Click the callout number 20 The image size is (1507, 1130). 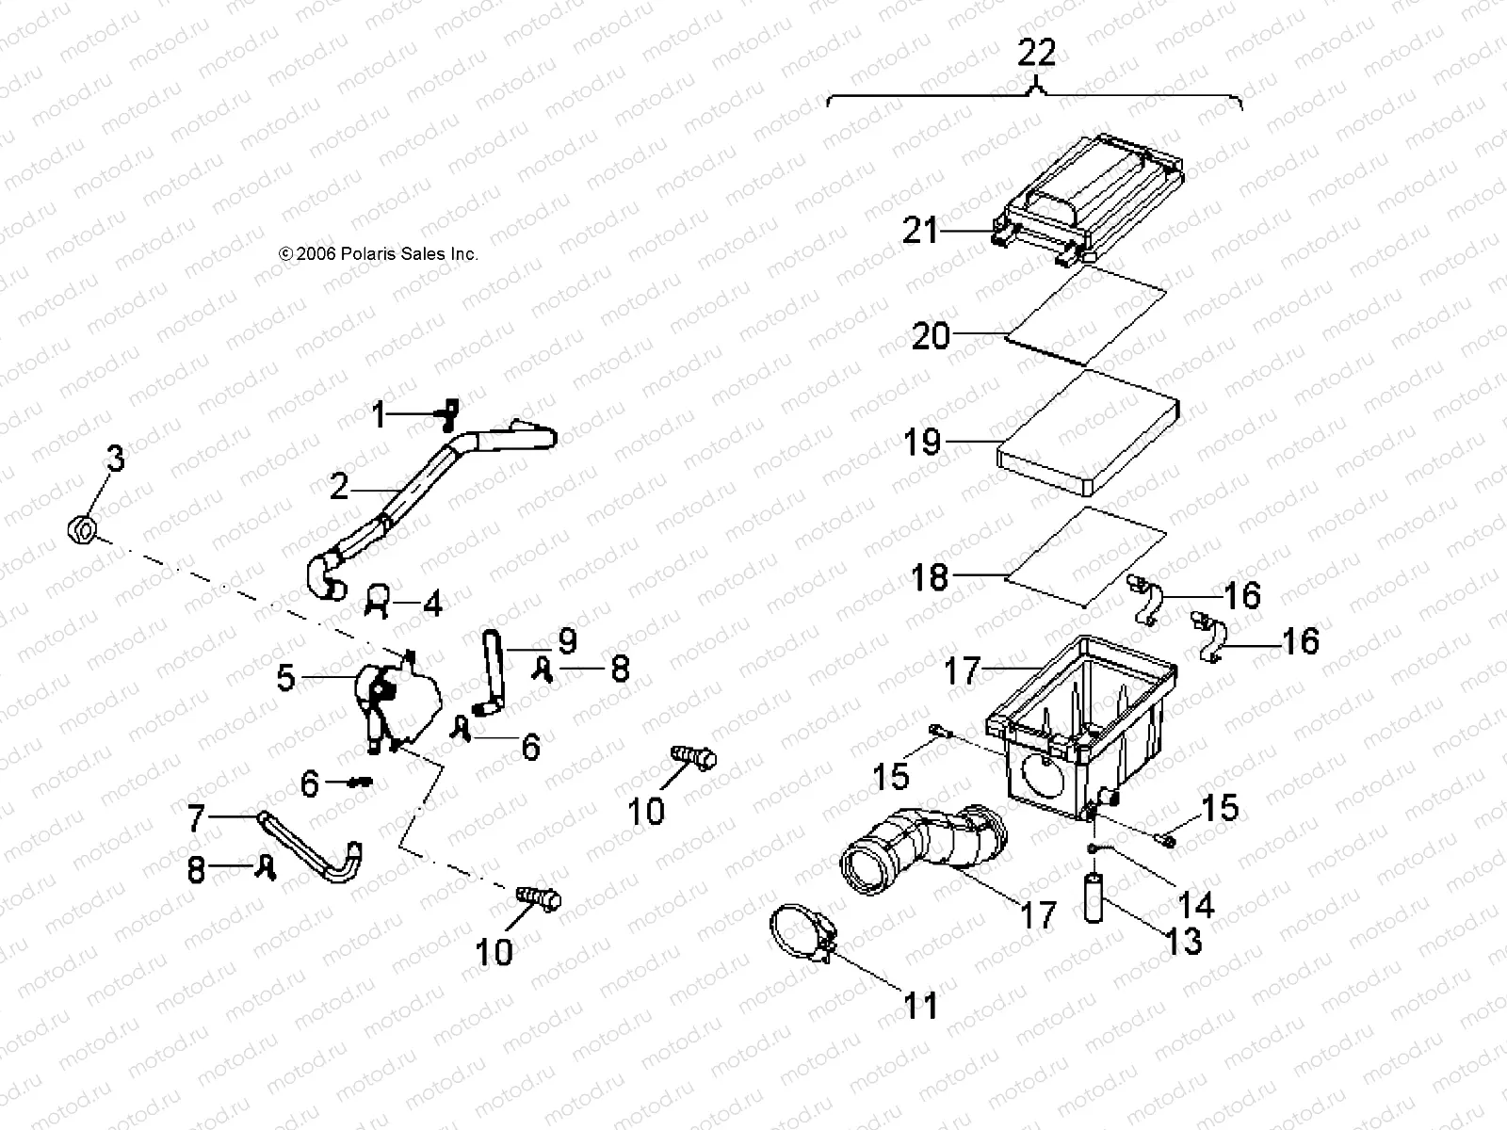point(931,335)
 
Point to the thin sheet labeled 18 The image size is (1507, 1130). point(1083,556)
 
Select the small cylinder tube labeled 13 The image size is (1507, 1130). point(1094,897)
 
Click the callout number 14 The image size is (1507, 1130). point(1196,905)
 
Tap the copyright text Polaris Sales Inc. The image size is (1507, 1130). point(379,254)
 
